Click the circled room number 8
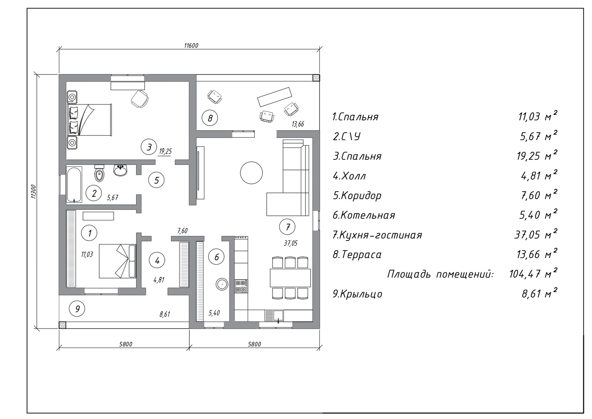[210, 118]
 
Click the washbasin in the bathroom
[121, 170]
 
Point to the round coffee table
[251, 173]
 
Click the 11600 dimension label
[192, 45]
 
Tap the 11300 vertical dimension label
[33, 192]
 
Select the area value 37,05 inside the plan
[291, 243]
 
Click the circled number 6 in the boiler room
[216, 257]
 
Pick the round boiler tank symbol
[222, 284]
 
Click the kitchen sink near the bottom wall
[274, 316]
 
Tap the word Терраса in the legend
[361, 255]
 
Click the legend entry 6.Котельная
[364, 215]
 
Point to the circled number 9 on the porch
[77, 308]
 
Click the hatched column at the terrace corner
[316, 78]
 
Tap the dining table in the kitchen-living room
[290, 278]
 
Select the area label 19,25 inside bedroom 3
[166, 151]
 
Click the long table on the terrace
[275, 97]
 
